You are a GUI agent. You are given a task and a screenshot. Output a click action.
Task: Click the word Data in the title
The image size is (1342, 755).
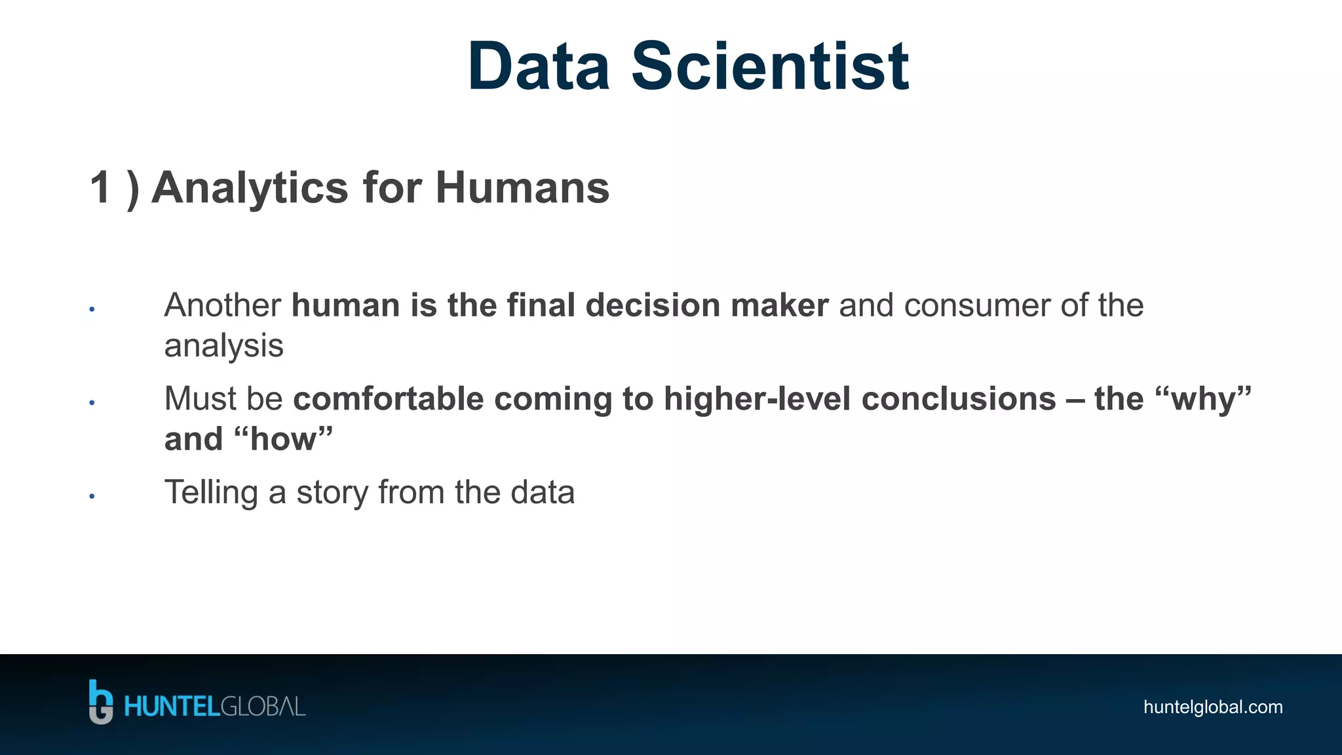(539, 67)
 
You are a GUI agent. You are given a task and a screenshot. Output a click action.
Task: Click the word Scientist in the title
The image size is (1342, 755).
(770, 67)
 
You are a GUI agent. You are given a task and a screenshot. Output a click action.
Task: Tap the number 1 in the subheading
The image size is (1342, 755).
(100, 188)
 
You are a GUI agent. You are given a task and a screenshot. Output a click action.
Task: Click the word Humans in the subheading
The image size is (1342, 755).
(522, 188)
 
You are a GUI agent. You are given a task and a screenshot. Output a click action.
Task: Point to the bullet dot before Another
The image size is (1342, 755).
(92, 309)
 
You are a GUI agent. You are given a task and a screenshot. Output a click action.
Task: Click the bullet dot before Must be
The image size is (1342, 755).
(92, 402)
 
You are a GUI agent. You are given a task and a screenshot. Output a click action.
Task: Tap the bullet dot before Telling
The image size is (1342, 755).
(92, 496)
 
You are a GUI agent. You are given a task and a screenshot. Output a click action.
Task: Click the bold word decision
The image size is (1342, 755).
(653, 305)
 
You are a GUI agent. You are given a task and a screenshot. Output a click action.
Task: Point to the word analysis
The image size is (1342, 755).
(223, 346)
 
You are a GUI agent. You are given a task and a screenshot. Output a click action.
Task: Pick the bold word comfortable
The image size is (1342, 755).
(388, 399)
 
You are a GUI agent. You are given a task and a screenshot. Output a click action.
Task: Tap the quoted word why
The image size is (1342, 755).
(1204, 399)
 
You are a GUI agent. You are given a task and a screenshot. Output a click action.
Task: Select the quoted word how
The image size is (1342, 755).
(283, 439)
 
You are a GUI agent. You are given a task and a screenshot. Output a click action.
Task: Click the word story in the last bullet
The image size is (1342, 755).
(332, 493)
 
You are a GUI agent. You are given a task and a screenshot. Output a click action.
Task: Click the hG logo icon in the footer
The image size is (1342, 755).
(101, 702)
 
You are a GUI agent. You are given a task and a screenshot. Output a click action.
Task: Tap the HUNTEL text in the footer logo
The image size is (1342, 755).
(172, 707)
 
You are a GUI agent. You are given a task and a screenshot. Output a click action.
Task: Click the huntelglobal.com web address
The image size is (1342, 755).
(1213, 707)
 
